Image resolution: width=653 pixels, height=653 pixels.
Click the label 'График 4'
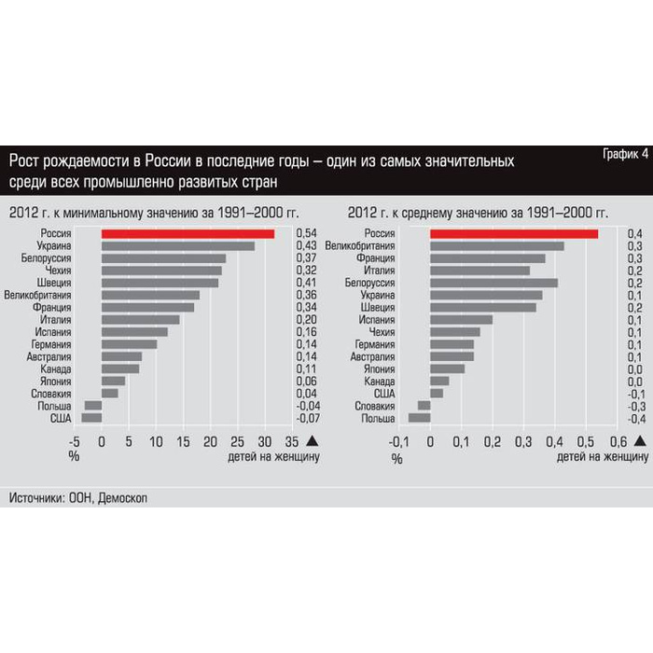(620, 154)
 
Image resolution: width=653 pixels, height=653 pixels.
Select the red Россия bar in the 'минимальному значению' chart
(188, 233)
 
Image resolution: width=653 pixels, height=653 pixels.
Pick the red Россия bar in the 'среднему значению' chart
(514, 233)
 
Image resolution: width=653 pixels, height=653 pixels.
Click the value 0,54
(307, 233)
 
